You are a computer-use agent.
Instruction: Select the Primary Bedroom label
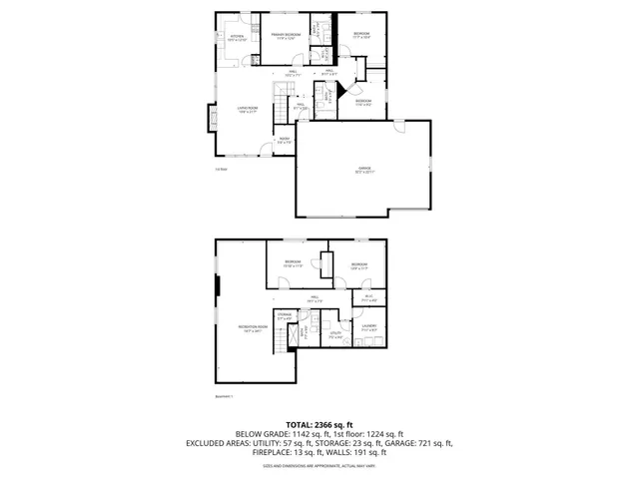click(286, 36)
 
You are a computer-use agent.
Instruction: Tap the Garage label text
click(364, 171)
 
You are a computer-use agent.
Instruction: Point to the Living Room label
click(247, 110)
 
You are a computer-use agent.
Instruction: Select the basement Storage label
click(286, 316)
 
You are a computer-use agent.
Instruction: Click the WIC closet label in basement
click(368, 297)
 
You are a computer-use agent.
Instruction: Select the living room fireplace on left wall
click(213, 118)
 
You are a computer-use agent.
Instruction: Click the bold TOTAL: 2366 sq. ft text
click(319, 424)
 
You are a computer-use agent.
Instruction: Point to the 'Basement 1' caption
click(225, 396)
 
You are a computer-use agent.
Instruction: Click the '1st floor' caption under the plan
click(221, 169)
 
